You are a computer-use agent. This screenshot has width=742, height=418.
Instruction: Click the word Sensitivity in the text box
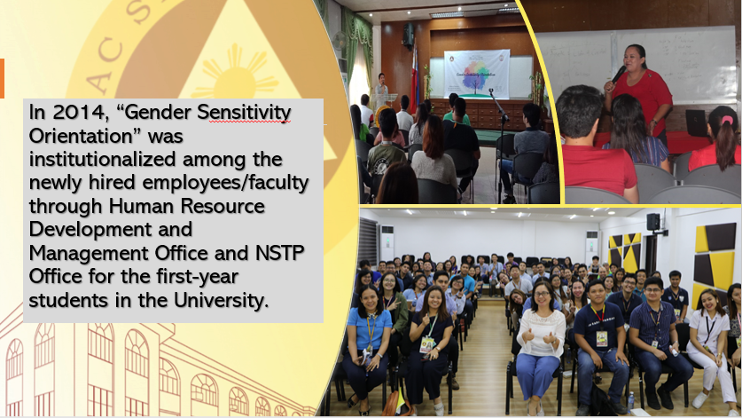tap(243, 114)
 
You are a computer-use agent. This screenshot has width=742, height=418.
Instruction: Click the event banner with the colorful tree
tap(477, 74)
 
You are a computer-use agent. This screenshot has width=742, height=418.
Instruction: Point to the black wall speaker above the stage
tap(408, 35)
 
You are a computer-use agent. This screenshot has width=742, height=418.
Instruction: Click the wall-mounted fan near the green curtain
tap(340, 41)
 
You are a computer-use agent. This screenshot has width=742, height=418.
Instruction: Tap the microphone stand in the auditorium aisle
tap(500, 142)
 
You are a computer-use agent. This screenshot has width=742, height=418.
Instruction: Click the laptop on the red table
tap(696, 122)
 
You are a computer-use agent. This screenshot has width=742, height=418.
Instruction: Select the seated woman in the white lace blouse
tap(540, 347)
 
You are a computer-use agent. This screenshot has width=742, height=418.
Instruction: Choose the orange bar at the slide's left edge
tap(2, 78)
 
